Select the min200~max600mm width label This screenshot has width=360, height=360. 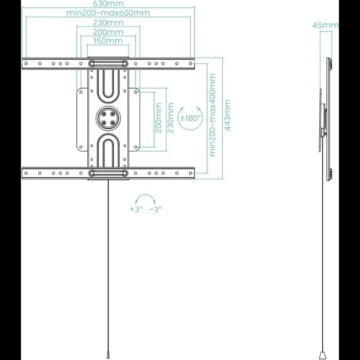pos(108,13)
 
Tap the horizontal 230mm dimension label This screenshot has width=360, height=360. pos(108,22)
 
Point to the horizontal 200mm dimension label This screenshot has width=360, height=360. pos(108,32)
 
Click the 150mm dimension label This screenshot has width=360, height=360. pos(108,41)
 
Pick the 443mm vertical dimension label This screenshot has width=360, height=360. pos(228,115)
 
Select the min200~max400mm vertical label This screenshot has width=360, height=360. pos(213,115)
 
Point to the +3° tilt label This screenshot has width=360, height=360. pos(136,209)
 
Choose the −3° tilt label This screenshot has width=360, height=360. pos(155,209)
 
